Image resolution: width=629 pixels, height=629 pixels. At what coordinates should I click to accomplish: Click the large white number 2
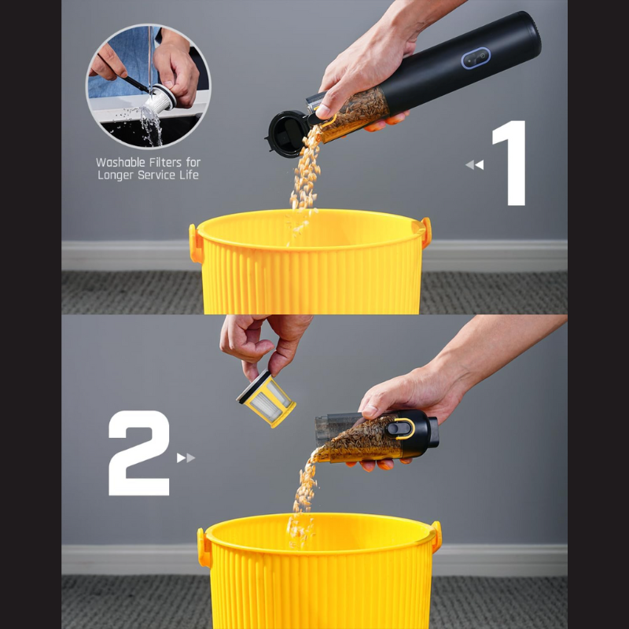[139, 453]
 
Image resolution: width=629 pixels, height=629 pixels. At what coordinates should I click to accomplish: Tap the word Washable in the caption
[120, 163]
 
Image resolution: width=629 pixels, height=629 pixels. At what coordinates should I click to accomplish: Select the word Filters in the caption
[165, 163]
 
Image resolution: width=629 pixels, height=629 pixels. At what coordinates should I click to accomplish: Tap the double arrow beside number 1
[475, 164]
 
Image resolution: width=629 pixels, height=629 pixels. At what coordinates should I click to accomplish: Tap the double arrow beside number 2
[186, 458]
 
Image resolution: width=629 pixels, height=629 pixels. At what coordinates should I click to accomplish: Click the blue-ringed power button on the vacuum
[476, 58]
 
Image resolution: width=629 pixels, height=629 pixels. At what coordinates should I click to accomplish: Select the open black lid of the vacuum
[286, 134]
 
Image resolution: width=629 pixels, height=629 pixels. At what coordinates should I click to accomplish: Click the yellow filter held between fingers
[266, 399]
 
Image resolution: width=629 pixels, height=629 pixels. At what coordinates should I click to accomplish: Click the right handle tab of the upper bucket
[425, 232]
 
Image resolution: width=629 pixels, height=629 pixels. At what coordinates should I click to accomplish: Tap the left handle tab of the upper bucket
[195, 244]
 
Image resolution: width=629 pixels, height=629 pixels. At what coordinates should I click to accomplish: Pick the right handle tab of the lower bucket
[436, 536]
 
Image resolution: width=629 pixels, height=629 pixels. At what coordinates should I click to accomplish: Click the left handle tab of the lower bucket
[204, 547]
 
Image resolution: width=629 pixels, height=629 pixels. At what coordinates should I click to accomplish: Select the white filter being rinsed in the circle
[160, 100]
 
